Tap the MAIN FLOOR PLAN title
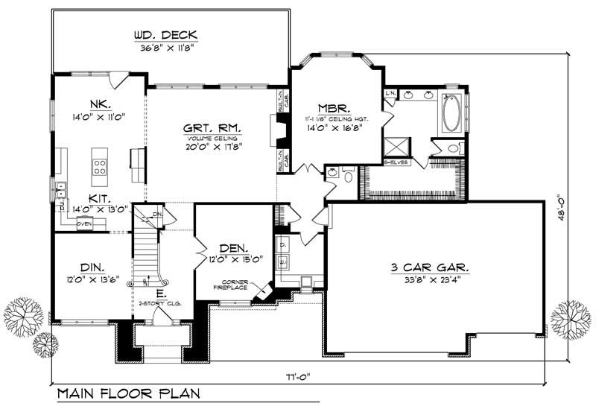tap(125, 392)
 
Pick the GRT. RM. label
tap(208, 127)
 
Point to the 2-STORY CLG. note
tap(161, 304)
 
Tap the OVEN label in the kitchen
tap(83, 223)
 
